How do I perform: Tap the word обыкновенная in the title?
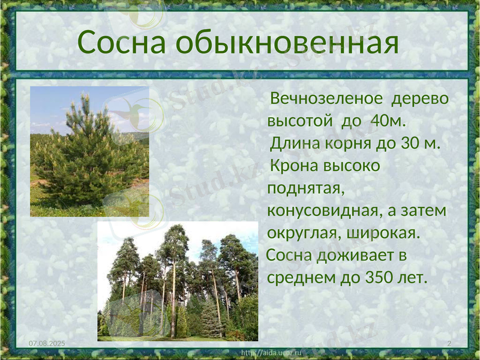288,43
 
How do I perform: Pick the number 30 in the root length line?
408,144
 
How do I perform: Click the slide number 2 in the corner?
449,342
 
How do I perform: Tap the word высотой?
300,121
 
